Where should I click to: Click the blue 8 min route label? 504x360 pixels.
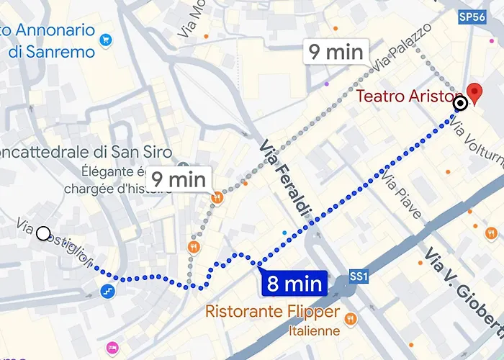(294, 283)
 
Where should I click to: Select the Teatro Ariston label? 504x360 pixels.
(407, 97)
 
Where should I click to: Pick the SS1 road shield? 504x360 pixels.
(359, 276)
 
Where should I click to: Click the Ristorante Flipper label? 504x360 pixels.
(272, 312)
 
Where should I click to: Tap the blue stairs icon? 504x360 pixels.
(107, 292)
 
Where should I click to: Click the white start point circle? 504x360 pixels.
(43, 233)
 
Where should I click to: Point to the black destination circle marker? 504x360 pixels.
(460, 104)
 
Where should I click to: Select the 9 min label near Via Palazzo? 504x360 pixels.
(336, 52)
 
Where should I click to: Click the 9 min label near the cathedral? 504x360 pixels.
(178, 179)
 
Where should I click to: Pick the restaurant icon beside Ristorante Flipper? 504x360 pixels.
(350, 318)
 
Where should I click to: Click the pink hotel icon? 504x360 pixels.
(112, 348)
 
